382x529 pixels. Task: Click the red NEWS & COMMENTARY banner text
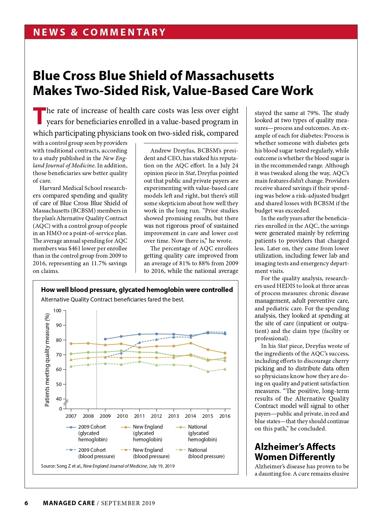[99, 32]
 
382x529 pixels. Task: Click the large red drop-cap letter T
[39, 116]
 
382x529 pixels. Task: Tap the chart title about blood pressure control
[137, 290]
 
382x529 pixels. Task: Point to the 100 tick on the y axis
[57, 310]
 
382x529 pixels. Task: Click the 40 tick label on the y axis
[59, 399]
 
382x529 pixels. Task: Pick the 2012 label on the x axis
[156, 416]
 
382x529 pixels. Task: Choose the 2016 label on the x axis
[225, 416]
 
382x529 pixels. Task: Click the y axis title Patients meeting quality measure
[47, 360]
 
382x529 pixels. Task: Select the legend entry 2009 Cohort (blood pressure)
[92, 453]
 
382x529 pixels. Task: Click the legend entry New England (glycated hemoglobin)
[147, 433]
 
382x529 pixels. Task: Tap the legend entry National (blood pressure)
[206, 453]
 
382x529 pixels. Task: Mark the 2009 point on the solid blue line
[105, 339]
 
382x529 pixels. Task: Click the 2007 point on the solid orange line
[71, 343]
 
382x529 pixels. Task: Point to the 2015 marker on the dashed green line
[208, 371]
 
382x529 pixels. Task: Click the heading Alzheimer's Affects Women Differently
[295, 452]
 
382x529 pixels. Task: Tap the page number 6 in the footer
[26, 503]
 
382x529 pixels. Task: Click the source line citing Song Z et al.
[108, 466]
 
